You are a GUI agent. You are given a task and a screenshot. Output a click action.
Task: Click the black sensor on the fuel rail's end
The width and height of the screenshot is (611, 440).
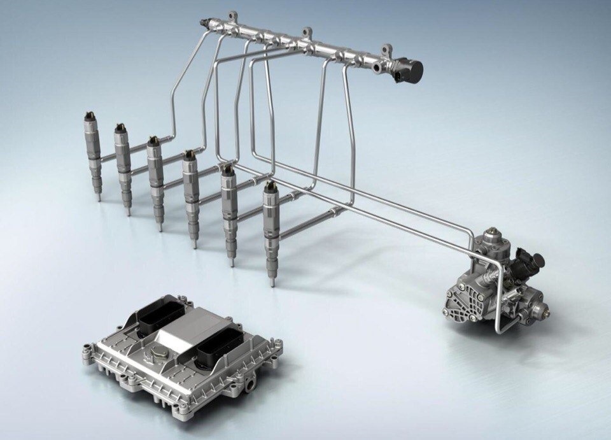click(x=407, y=69)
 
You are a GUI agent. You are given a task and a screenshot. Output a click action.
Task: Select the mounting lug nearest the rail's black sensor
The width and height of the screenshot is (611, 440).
click(x=387, y=49)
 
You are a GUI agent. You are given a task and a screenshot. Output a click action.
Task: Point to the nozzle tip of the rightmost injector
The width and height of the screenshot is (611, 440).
click(x=273, y=282)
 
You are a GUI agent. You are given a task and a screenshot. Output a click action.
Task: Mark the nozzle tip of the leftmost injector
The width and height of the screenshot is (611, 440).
click(x=99, y=199)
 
